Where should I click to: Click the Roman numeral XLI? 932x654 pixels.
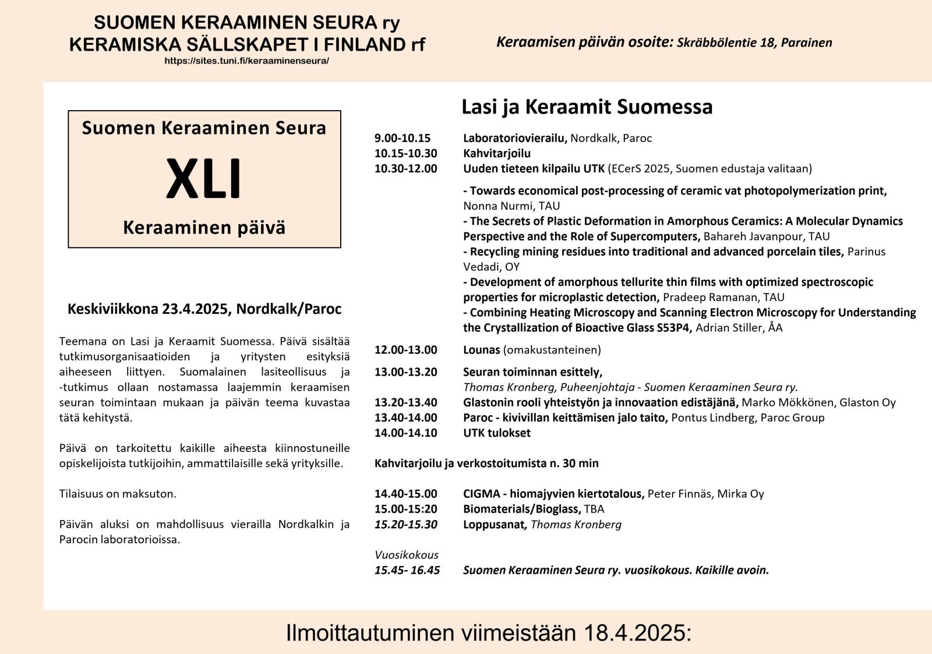pos(203,179)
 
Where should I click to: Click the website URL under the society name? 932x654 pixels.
pos(246,61)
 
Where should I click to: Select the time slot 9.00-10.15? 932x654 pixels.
pos(403,138)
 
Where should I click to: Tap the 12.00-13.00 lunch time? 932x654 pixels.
pos(405,350)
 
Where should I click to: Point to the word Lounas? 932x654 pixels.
pos(481,350)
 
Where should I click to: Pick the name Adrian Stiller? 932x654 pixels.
pos(729,328)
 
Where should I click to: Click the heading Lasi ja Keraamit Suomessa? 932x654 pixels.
pos(587,107)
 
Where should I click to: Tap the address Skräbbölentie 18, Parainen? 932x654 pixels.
pos(754,43)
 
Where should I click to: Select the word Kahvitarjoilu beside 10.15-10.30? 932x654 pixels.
pos(497,153)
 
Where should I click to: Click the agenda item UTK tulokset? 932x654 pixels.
pos(497,433)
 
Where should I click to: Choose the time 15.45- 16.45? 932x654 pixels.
pos(407,570)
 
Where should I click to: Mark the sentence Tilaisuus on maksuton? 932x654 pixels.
pos(118,494)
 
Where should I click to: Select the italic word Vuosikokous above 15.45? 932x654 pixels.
pos(407,555)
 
